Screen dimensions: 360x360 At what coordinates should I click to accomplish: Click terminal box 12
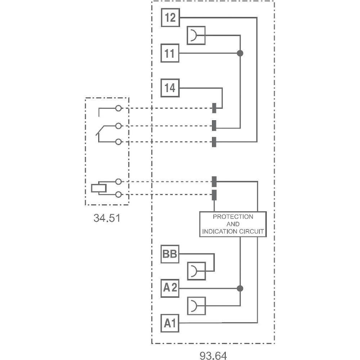pos(170,17)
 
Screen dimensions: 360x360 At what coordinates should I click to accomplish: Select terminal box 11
pos(170,53)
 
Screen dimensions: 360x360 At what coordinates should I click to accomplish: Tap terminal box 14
pos(170,88)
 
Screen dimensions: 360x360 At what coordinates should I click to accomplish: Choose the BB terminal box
pos(170,254)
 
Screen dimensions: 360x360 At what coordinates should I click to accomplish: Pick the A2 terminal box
pos(170,288)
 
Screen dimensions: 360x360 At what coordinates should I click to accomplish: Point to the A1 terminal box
pos(170,323)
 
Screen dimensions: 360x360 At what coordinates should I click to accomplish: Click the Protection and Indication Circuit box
pos(233,224)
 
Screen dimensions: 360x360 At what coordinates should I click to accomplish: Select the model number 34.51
pos(107,218)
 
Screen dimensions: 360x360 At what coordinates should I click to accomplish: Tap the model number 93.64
pos(213,355)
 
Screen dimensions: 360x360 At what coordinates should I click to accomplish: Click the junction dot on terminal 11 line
pos(240,53)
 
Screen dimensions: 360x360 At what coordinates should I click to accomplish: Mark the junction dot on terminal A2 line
pos(240,288)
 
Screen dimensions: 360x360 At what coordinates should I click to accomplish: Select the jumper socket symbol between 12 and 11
pos(196,35)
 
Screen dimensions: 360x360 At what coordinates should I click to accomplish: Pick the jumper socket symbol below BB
pos(196,271)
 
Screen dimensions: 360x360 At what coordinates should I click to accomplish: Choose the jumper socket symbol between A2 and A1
pos(196,306)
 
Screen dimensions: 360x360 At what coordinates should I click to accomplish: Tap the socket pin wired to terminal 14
pos(214,108)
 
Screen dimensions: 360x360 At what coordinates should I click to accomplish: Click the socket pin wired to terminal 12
pos(214,142)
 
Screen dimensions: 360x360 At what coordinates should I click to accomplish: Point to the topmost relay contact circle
pos(118,108)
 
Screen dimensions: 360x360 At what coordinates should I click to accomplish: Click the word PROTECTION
pos(233,217)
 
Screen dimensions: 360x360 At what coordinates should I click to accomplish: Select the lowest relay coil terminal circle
pos(118,195)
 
